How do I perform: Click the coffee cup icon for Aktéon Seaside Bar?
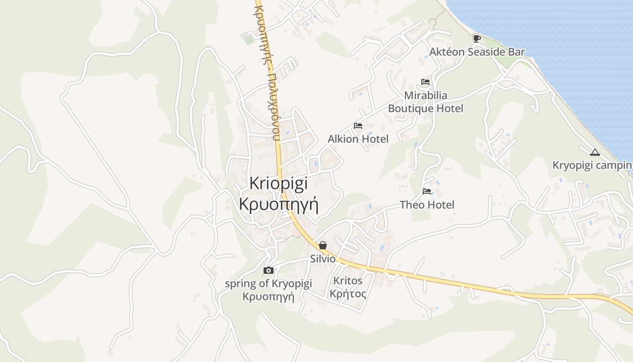pos(477,38)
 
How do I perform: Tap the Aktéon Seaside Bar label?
pos(477,52)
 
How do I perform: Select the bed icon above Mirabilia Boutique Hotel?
pos(425,82)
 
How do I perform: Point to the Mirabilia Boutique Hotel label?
pos(425,102)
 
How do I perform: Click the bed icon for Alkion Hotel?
pos(358,125)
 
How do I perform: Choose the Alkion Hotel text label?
pos(358,139)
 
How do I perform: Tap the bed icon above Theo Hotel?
pos(427,191)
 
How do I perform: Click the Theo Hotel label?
pos(427,205)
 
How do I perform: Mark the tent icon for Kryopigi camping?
pos(595,152)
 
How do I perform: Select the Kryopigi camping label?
pos(592,166)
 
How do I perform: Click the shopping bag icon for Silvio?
pos(323,245)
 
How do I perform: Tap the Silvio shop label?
pos(323,259)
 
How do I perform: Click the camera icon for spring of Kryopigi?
pos(269,270)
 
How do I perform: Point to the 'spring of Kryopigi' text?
pos(269,284)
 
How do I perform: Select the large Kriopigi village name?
pos(279,184)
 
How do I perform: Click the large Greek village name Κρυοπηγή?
pos(279,205)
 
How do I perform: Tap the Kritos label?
pos(348,281)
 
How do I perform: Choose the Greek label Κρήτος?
pos(348,294)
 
